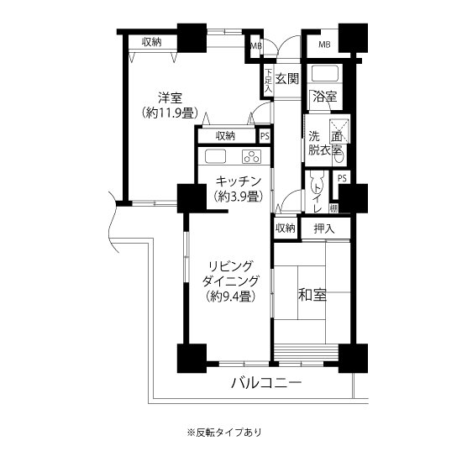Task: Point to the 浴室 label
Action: [x=323, y=97]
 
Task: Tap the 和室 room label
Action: [x=312, y=296]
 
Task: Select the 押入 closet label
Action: [x=324, y=228]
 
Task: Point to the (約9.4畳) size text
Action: [x=229, y=296]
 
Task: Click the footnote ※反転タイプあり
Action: [x=223, y=433]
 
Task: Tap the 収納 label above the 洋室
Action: [x=152, y=43]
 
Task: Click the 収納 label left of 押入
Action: [x=285, y=228]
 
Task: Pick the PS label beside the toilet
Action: [x=342, y=178]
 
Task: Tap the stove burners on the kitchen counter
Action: [x=251, y=156]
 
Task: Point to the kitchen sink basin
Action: [x=215, y=156]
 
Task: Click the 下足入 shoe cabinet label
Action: [x=268, y=81]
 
